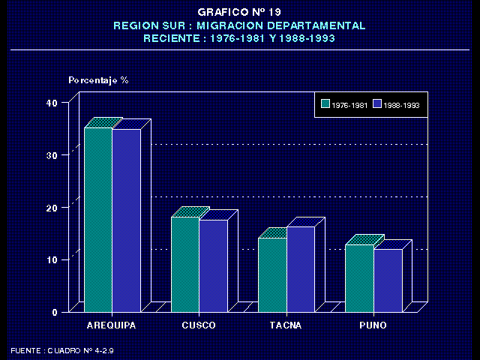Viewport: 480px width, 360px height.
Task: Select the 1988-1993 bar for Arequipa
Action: click(126, 220)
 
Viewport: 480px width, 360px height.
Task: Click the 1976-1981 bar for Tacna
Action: click(272, 274)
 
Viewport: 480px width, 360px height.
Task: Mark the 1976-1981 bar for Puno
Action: click(359, 277)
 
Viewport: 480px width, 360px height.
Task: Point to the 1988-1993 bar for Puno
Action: click(388, 280)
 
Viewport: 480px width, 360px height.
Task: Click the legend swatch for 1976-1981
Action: click(325, 105)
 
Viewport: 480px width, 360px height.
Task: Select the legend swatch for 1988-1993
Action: click(378, 105)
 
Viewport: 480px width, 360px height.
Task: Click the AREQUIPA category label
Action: click(112, 325)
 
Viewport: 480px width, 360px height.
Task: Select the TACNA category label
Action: click(286, 325)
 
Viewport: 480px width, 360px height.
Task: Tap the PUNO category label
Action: click(373, 325)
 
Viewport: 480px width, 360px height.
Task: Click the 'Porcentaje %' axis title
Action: click(98, 79)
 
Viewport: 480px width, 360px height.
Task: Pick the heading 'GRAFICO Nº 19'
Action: click(239, 13)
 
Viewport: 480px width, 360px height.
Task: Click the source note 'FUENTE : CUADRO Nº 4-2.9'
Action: click(62, 350)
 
